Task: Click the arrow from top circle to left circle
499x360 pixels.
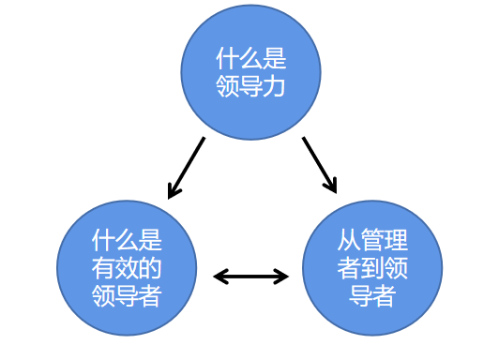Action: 186,168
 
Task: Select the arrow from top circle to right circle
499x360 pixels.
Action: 319,165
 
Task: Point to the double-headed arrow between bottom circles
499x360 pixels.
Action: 251,276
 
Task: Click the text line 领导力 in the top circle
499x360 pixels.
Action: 250,86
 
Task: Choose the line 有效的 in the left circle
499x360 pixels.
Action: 127,268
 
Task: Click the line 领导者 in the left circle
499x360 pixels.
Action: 127,295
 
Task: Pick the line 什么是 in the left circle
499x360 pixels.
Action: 127,241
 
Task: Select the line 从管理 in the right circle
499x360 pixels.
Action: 372,241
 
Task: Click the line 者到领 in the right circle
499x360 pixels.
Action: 372,268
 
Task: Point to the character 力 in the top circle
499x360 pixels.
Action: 274,86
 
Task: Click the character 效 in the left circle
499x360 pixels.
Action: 127,268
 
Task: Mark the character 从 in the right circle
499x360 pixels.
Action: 349,241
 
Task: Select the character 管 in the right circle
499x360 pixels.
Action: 372,241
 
